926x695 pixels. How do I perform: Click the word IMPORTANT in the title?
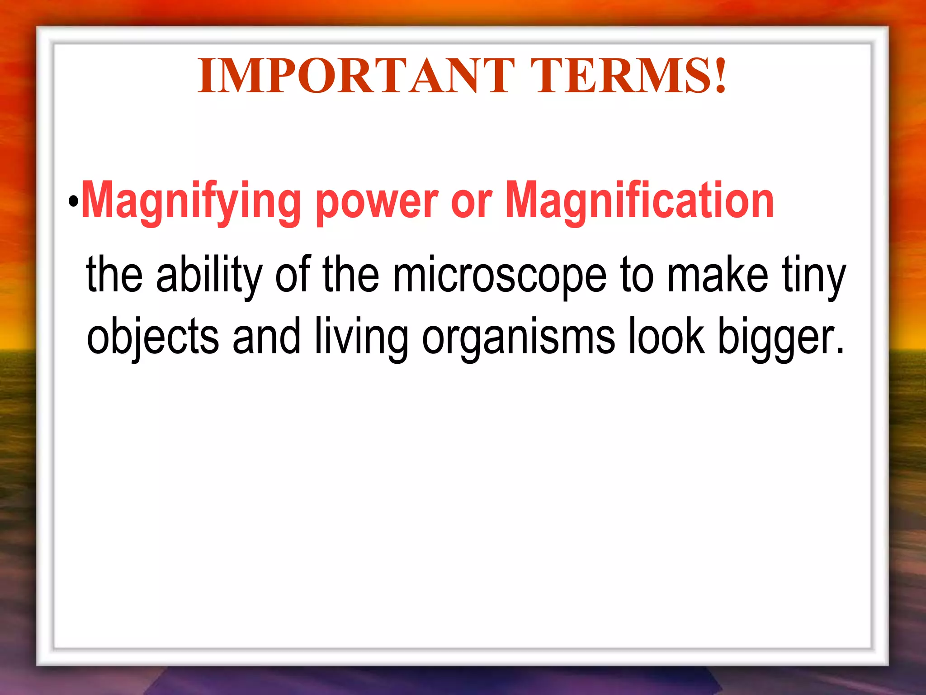(356, 76)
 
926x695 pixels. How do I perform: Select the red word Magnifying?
(191, 201)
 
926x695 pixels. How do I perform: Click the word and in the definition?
(266, 336)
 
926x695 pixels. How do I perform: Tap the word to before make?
(637, 274)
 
